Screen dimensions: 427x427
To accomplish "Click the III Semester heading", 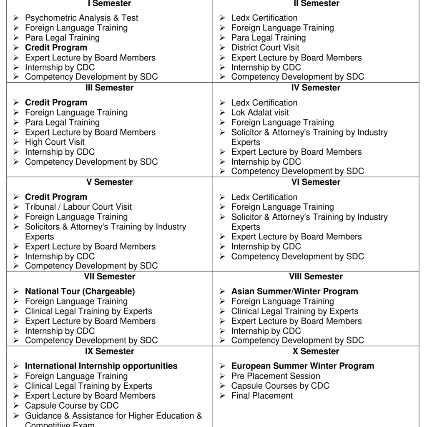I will [x=109, y=88].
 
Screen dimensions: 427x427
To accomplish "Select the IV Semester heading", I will [x=316, y=88].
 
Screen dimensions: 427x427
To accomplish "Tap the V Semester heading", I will [x=109, y=182].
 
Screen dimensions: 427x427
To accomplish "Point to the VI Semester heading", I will [x=316, y=182].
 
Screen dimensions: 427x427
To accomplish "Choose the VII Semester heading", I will [x=109, y=276].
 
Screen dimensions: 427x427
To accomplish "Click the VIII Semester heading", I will [x=316, y=276].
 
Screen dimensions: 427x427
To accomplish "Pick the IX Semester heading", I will [x=109, y=351].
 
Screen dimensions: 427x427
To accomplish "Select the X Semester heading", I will [x=316, y=351].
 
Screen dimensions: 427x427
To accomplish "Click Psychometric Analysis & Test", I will [x=81, y=18].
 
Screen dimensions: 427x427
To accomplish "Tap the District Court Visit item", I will [x=265, y=48].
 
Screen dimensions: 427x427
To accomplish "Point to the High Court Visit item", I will [x=55, y=142].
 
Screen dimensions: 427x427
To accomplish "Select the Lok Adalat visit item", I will [x=260, y=113].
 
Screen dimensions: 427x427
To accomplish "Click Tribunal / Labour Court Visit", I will [x=78, y=207].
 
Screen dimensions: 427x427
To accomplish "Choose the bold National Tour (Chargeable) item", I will [x=80, y=291].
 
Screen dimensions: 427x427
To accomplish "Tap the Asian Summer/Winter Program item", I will [x=294, y=291].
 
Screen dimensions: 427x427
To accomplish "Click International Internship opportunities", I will [x=101, y=366].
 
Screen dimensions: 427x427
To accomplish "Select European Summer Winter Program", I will [x=302, y=366].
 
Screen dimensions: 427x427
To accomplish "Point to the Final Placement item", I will [x=262, y=396].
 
